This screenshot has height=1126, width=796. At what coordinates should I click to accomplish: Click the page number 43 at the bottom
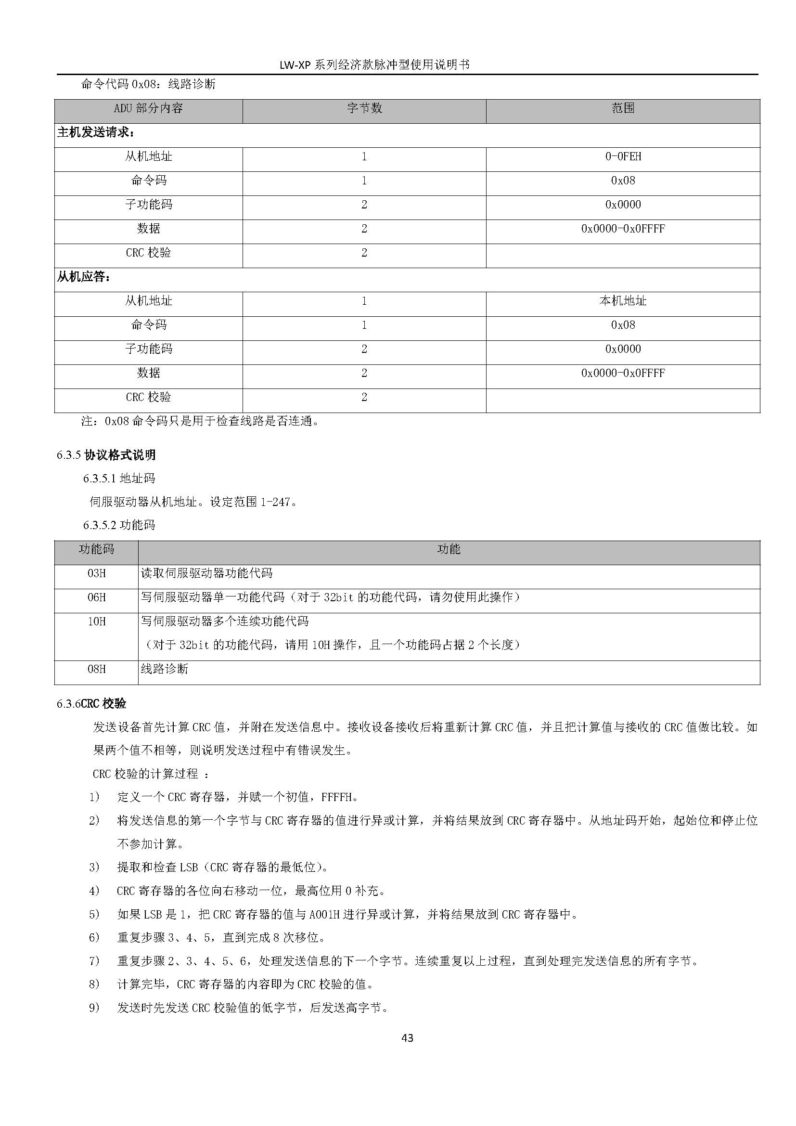click(407, 1037)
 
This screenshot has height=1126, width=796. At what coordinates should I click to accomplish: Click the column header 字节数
click(364, 108)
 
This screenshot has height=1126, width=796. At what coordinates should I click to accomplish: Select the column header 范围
click(623, 108)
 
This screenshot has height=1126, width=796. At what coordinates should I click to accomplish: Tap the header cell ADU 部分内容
click(148, 108)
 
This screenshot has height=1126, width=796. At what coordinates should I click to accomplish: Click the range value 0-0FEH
click(623, 157)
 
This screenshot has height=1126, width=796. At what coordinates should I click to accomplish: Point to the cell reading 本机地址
click(623, 301)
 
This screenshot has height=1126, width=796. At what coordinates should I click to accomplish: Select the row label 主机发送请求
click(96, 133)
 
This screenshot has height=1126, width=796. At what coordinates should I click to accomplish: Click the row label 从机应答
click(84, 277)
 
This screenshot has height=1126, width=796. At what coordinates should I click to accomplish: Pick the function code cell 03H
click(97, 573)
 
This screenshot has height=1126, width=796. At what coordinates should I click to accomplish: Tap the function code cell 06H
click(97, 597)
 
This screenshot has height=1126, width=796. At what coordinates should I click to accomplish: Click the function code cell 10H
click(97, 621)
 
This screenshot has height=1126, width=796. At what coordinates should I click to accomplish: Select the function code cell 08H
click(97, 670)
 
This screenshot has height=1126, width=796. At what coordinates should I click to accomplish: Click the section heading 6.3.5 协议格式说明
click(106, 455)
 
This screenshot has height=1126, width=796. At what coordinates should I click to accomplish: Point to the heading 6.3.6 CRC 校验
click(91, 704)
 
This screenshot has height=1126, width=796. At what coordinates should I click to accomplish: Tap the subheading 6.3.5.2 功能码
click(119, 525)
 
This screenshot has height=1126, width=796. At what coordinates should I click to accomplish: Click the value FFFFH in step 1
click(337, 797)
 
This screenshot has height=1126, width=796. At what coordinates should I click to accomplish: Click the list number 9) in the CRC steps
click(94, 1008)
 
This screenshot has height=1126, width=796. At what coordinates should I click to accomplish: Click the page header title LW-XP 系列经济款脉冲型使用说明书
click(374, 65)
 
